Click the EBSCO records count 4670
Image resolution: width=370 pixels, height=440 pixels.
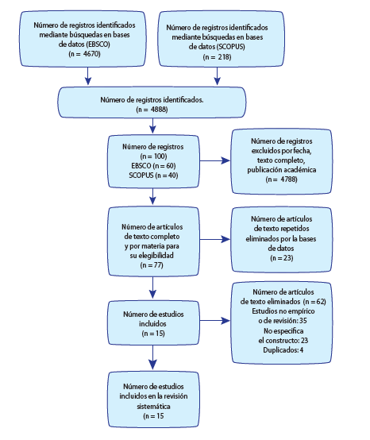[x=92, y=54]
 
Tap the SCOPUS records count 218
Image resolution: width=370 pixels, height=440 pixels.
[x=224, y=57]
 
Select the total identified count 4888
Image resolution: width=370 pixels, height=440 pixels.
[x=159, y=109]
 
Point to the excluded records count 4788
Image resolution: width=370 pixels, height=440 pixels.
[x=288, y=179]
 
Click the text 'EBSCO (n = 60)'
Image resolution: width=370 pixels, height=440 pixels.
[x=153, y=165]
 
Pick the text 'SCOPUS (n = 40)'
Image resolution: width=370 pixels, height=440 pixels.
[x=153, y=175]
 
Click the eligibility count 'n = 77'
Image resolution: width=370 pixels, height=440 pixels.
[x=152, y=265]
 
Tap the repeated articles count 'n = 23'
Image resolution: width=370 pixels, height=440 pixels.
[x=282, y=258]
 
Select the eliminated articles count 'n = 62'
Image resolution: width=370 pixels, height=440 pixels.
[x=314, y=301]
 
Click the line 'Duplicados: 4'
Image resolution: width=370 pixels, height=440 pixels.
[x=283, y=350]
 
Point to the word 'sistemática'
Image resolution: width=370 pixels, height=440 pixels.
[x=153, y=406]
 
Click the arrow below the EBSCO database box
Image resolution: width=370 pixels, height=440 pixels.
[x=88, y=75]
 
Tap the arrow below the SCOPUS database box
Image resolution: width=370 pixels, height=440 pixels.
[x=217, y=75]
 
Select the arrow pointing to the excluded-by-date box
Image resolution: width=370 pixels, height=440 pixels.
[x=215, y=160]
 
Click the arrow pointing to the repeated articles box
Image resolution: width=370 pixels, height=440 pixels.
[x=215, y=239]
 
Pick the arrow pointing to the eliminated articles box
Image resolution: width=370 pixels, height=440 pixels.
[x=215, y=320]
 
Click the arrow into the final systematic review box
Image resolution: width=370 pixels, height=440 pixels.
[x=152, y=357]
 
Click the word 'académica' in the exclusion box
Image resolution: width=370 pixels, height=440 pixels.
[x=301, y=169]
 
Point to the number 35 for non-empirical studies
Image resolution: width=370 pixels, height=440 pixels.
[x=303, y=320]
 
